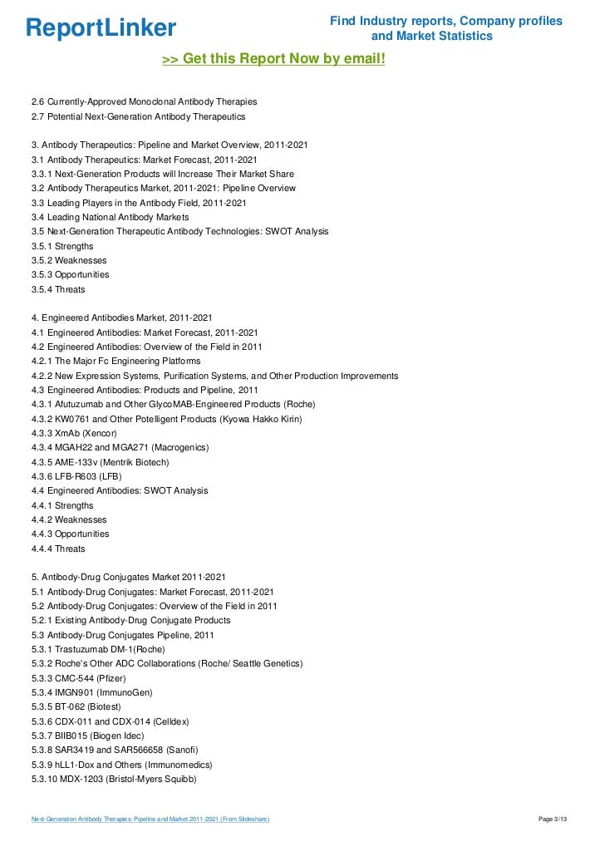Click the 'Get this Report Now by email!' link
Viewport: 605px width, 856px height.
(x=273, y=59)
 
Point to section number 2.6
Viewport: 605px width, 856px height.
(x=37, y=101)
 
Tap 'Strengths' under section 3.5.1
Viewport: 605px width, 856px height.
(x=74, y=247)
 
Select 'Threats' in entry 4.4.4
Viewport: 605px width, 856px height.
(x=70, y=549)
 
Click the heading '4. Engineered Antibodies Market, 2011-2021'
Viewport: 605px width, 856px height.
(x=121, y=318)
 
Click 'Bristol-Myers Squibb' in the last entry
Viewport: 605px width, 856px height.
(x=152, y=778)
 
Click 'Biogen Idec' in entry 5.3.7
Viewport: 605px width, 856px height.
(x=118, y=735)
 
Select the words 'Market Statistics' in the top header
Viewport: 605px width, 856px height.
(x=431, y=37)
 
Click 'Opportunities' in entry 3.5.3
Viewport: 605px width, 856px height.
(x=81, y=274)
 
